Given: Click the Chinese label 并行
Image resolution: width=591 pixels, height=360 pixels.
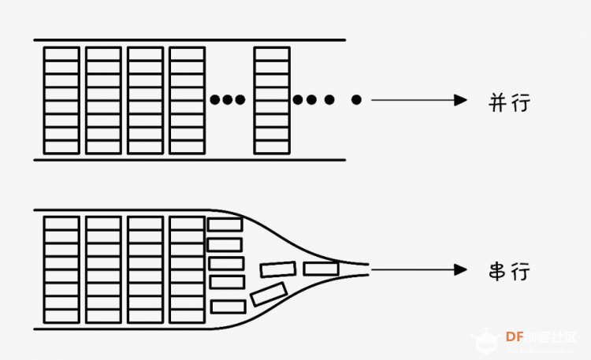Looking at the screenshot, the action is pyautogui.click(x=509, y=102).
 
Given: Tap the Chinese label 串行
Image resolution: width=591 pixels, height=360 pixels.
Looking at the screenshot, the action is pyautogui.click(x=509, y=271).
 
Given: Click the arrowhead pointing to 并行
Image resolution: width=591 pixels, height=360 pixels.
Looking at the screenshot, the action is pyautogui.click(x=461, y=100).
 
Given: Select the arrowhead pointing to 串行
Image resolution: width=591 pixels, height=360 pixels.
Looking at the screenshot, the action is pyautogui.click(x=461, y=269).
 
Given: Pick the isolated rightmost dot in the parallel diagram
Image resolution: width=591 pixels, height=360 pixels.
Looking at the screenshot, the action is pyautogui.click(x=356, y=100).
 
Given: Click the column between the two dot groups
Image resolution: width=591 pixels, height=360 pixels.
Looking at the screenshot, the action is pyautogui.click(x=272, y=101).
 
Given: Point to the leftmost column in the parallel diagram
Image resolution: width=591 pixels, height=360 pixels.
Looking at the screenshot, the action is pyautogui.click(x=61, y=101).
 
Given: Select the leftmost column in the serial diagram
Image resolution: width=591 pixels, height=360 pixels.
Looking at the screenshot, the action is pyautogui.click(x=61, y=270).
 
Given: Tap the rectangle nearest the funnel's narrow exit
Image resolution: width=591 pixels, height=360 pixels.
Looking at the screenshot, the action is pyautogui.click(x=322, y=269).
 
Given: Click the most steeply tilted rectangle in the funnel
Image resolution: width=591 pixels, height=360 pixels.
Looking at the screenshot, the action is pyautogui.click(x=269, y=294).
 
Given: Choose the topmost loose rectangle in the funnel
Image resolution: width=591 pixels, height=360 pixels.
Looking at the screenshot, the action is pyautogui.click(x=225, y=225).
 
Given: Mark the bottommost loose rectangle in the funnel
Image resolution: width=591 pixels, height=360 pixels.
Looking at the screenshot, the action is pyautogui.click(x=228, y=307).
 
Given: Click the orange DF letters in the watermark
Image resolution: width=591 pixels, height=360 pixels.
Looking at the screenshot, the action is pyautogui.click(x=515, y=336).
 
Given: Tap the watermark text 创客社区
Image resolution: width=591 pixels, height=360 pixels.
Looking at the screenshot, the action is pyautogui.click(x=551, y=336).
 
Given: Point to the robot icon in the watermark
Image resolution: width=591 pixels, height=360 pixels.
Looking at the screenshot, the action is pyautogui.click(x=486, y=340).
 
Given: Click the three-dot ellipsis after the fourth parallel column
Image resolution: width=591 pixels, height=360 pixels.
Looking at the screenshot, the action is pyautogui.click(x=227, y=100).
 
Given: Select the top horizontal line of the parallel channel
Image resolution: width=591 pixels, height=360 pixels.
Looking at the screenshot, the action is pyautogui.click(x=190, y=39).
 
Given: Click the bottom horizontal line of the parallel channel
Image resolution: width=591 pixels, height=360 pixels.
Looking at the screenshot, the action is pyautogui.click(x=190, y=160).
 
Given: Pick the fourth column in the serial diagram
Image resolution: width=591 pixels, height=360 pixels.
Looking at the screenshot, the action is pyautogui.click(x=188, y=270).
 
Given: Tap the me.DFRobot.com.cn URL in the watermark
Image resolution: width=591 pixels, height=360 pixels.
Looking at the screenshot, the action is pyautogui.click(x=541, y=351).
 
